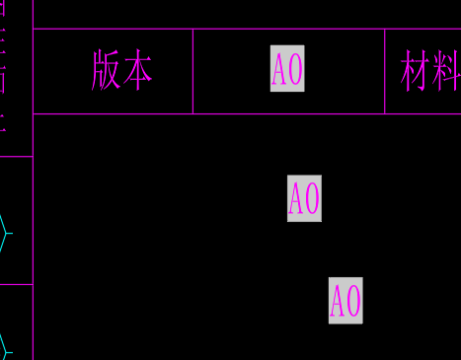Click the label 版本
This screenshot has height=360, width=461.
click(x=121, y=71)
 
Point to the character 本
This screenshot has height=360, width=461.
click(x=138, y=71)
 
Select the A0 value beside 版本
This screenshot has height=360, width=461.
click(x=287, y=70)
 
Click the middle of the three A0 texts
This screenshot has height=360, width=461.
click(x=304, y=198)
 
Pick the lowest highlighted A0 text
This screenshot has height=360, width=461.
click(x=346, y=300)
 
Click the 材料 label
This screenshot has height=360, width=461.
click(x=430, y=71)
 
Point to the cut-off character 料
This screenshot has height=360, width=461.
click(x=447, y=71)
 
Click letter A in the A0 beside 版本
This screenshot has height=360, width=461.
click(x=279, y=70)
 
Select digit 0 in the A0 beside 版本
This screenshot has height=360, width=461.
click(x=295, y=70)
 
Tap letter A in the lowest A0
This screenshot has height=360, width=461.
click(x=338, y=300)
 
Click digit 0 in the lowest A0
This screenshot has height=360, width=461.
click(x=353, y=300)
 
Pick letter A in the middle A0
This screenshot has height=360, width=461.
click(x=296, y=198)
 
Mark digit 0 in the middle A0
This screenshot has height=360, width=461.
click(x=312, y=198)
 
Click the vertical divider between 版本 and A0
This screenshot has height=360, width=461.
click(x=192, y=71)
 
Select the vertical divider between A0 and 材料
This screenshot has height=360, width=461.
click(x=385, y=71)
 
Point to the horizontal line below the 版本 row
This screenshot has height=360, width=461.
click(x=247, y=114)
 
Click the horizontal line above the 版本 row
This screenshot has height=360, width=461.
click(x=247, y=29)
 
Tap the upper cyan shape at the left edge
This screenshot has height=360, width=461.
click(x=5, y=233)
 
